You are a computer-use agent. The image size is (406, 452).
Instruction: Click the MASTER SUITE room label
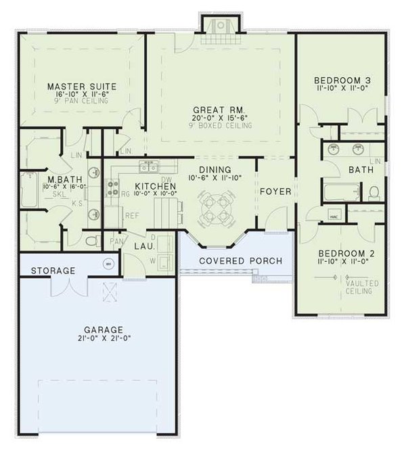pos(83,87)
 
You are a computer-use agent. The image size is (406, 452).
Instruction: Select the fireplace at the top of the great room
pos(219,26)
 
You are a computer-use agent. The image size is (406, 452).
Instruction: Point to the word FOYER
pos(275,191)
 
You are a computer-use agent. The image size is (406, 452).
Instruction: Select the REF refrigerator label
pos(131,215)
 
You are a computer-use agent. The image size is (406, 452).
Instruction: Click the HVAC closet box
pos(334,217)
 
